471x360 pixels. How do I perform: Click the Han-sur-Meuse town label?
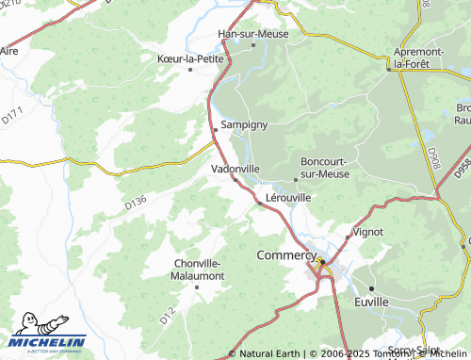click(x=252, y=34)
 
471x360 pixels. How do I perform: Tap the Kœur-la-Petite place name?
click(x=188, y=57)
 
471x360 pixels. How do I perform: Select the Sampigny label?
click(x=245, y=124)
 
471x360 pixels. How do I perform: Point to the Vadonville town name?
click(x=235, y=169)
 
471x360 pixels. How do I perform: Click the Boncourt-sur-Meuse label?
click(x=324, y=166)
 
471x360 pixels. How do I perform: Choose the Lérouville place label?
click(x=289, y=197)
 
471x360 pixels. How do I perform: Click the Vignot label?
click(x=367, y=231)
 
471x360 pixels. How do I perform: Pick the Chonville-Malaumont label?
click(x=199, y=269)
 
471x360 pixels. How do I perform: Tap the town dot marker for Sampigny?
click(x=216, y=128)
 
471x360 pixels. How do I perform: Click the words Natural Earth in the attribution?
click(x=269, y=354)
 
